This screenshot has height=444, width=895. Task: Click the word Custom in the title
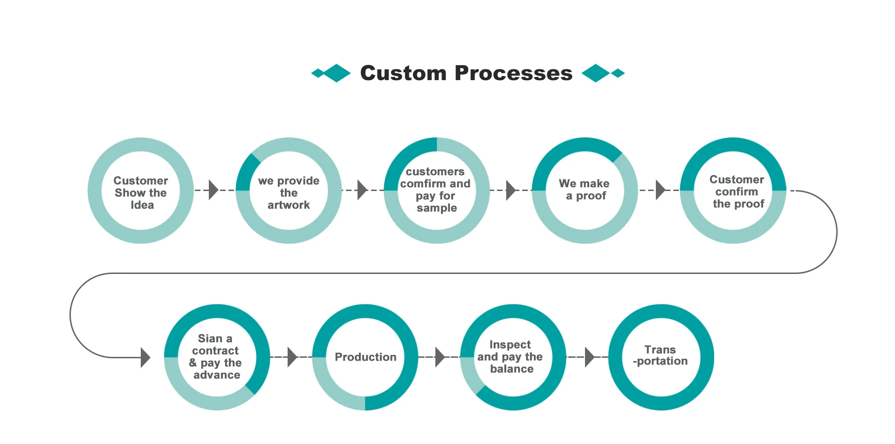(403, 73)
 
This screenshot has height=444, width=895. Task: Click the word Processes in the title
(513, 73)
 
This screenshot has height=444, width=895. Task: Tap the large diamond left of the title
(337, 73)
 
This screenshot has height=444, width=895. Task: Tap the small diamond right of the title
(618, 73)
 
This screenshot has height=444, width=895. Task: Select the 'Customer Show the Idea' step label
(141, 193)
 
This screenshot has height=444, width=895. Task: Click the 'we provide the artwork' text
(289, 193)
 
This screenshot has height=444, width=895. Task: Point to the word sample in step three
(437, 208)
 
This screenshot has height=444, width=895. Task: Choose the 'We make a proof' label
(585, 190)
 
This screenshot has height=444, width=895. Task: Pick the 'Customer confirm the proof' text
(737, 191)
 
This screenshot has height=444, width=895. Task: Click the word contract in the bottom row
(215, 351)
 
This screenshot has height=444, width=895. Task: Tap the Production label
(365, 357)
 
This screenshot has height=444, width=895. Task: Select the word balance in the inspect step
(512, 369)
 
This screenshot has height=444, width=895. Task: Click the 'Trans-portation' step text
(661, 355)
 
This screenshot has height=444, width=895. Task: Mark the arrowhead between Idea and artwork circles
(213, 190)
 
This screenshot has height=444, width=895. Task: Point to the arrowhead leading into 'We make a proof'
(510, 190)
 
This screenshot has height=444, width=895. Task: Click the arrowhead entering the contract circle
(145, 357)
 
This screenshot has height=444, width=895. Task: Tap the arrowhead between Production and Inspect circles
(440, 357)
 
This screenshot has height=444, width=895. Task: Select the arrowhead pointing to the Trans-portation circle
(589, 357)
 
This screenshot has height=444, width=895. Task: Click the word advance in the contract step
(217, 375)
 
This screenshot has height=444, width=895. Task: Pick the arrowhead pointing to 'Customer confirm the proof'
(660, 190)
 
